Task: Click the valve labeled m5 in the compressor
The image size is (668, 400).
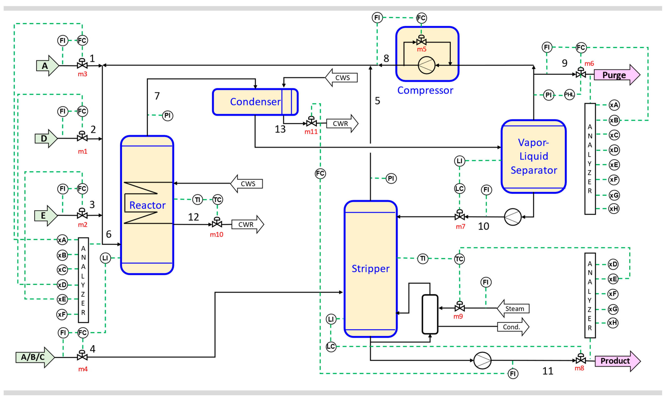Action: point(421,42)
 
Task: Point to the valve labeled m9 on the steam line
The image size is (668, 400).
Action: point(459,308)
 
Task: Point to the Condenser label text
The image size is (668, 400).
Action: point(255,102)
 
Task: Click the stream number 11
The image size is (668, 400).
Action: point(548,371)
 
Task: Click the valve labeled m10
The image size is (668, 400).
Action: point(217,224)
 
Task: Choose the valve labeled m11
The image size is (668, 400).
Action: point(311,123)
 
